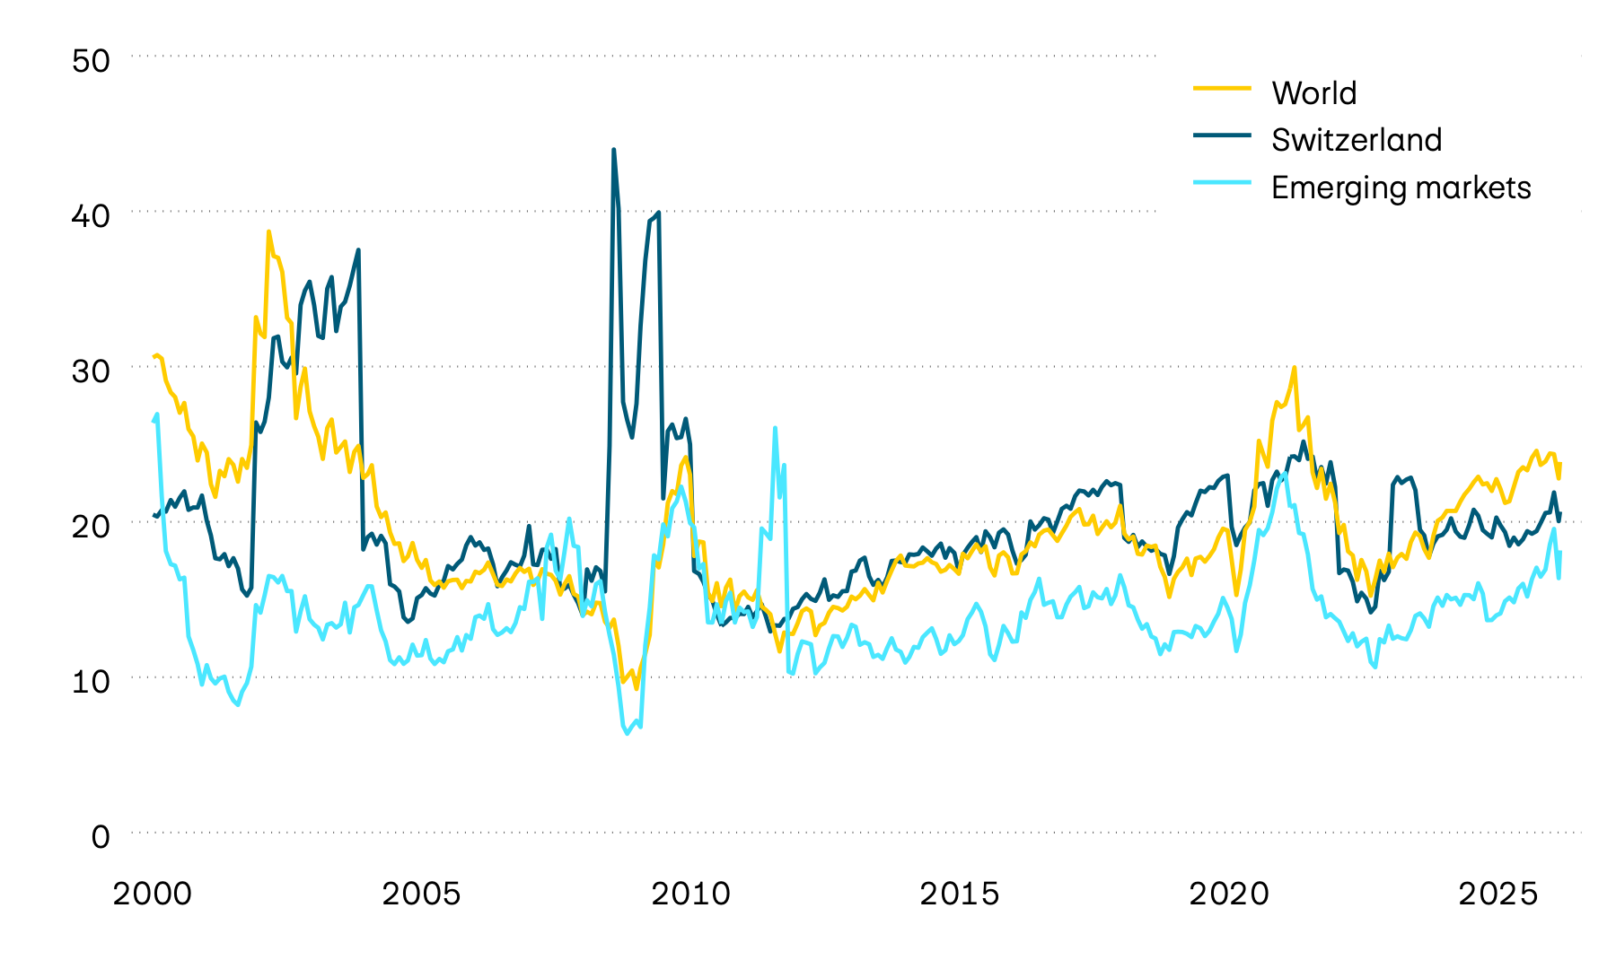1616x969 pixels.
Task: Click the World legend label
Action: click(1313, 93)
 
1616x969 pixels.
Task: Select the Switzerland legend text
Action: click(1356, 140)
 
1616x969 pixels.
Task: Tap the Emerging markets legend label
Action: click(1401, 188)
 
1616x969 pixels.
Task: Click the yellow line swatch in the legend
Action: click(1222, 88)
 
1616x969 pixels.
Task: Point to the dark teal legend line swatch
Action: click(1222, 135)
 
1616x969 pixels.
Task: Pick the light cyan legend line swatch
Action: click(1222, 182)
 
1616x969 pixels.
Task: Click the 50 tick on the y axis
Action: click(91, 61)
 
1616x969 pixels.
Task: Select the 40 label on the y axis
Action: click(91, 216)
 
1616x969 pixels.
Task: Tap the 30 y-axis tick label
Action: click(91, 371)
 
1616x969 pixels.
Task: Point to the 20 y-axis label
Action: click(91, 527)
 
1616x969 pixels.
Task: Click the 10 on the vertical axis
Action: click(91, 682)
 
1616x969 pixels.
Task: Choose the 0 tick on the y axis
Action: click(101, 837)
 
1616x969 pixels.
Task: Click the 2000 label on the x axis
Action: click(152, 895)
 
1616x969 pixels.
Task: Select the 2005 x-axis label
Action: click(421, 895)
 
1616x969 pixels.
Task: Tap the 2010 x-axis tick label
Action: click(690, 895)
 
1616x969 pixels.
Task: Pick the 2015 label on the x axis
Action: click(960, 895)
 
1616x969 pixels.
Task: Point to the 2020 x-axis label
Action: click(1229, 895)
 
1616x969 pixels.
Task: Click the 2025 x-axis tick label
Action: click(1498, 895)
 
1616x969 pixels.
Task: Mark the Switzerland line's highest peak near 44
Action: click(613, 150)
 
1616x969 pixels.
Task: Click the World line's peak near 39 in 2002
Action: click(268, 231)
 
